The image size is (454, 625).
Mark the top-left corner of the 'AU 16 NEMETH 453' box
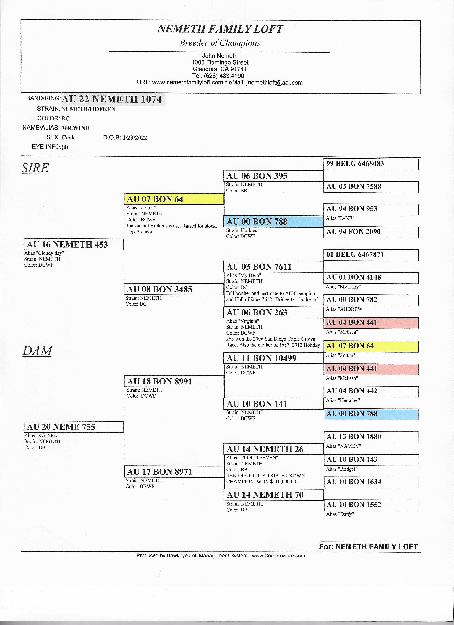point(24,239)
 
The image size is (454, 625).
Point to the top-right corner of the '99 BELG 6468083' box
point(419,159)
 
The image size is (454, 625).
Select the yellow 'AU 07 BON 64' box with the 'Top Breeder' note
point(174,199)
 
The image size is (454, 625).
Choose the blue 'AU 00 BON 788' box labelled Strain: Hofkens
point(274,222)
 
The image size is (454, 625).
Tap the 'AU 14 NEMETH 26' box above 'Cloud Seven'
point(274,449)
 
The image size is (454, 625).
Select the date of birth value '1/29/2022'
point(135,138)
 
